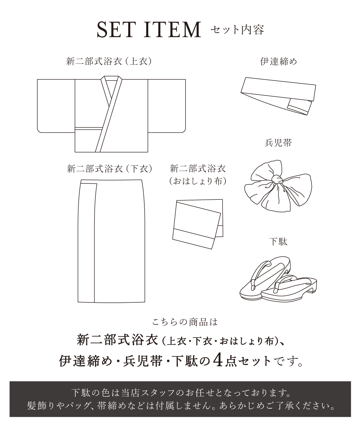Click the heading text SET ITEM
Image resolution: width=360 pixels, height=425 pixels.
pyautogui.click(x=149, y=30)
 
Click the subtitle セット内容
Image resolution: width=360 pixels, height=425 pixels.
pyautogui.click(x=237, y=30)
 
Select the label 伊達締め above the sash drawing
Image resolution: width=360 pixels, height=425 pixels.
pyautogui.click(x=278, y=61)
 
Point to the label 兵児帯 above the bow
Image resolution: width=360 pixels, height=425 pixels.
pyautogui.click(x=278, y=143)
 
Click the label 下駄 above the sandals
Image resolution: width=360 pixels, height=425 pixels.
pyautogui.click(x=278, y=242)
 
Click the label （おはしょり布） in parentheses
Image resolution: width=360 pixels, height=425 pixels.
pyautogui.click(x=198, y=181)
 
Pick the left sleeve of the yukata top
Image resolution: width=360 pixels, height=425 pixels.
pyautogui.click(x=56, y=105)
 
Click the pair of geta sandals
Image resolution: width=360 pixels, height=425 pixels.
pyautogui.click(x=278, y=281)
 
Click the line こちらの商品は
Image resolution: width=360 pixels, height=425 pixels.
pyautogui.click(x=185, y=322)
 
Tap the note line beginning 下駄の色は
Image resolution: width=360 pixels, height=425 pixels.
pyautogui.click(x=180, y=392)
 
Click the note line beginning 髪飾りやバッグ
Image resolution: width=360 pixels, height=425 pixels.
pyautogui.click(x=180, y=406)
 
